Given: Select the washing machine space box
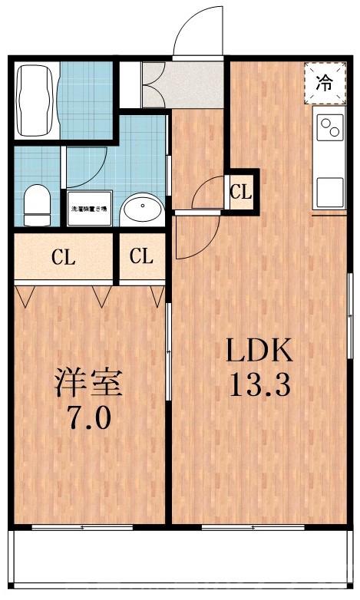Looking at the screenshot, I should pos(89,208).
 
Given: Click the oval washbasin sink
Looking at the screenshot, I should pos(142,208).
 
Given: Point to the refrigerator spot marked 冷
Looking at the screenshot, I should pos(325,83).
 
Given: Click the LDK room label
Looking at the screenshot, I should pos(259,352).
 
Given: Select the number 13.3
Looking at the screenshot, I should pos(259,386).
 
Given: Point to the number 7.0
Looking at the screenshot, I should pos(88,418).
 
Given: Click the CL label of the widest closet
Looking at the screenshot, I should pos(63,258).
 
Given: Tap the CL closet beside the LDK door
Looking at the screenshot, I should pos(241,192).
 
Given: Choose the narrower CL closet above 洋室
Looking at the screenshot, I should pos(141,257).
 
